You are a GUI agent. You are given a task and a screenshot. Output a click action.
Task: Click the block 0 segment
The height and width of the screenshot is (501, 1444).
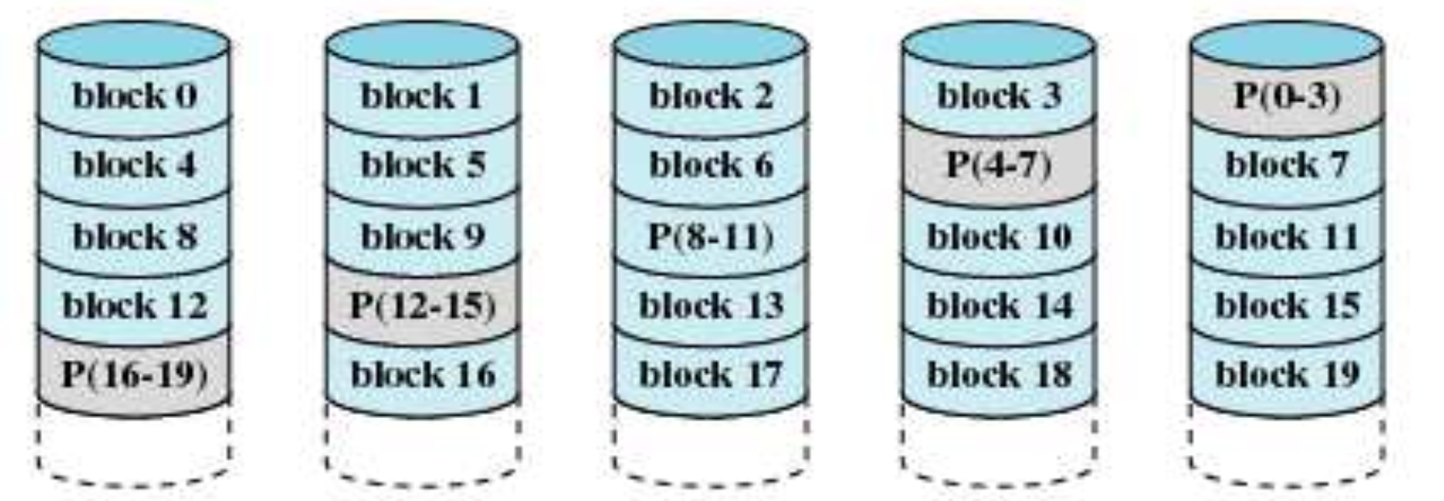point(135,96)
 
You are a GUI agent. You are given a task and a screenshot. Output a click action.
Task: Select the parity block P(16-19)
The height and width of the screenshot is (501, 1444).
point(135,375)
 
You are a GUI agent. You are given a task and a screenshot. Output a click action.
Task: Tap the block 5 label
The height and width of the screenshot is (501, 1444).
point(423,165)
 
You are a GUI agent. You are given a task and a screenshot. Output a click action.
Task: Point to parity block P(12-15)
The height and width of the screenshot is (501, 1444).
point(423,305)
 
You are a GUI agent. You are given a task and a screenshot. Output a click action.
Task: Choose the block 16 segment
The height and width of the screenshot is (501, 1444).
point(423,375)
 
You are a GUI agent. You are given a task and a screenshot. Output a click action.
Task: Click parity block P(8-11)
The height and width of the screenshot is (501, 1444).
point(711,236)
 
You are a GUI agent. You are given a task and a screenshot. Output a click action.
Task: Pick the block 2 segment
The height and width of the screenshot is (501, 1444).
point(711,96)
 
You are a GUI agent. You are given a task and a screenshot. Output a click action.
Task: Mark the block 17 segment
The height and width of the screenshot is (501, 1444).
point(711,375)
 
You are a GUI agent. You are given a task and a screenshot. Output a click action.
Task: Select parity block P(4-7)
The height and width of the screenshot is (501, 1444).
point(999,165)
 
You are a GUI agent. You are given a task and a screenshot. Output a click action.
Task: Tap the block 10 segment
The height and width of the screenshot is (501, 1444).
point(999,236)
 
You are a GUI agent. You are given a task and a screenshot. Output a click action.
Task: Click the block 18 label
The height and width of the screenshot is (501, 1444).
point(999,375)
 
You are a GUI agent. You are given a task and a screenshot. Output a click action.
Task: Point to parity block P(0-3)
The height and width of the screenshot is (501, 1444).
point(1287,96)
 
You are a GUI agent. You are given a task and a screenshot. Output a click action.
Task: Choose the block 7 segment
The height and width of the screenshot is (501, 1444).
point(1287,165)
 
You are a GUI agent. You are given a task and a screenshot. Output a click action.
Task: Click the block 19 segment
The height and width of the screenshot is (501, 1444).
point(1287,375)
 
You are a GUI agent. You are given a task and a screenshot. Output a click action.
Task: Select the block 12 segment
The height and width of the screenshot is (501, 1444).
point(135,305)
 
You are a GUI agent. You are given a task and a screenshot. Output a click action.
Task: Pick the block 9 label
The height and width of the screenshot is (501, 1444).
point(423,236)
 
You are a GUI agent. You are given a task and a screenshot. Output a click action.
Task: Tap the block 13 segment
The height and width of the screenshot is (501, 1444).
point(711,305)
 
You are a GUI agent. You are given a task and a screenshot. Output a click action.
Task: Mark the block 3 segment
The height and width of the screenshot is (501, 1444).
point(999,96)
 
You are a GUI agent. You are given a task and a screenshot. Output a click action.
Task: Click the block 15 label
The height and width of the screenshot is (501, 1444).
point(1287,305)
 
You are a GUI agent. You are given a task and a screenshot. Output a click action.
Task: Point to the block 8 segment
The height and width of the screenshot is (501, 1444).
point(135,236)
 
